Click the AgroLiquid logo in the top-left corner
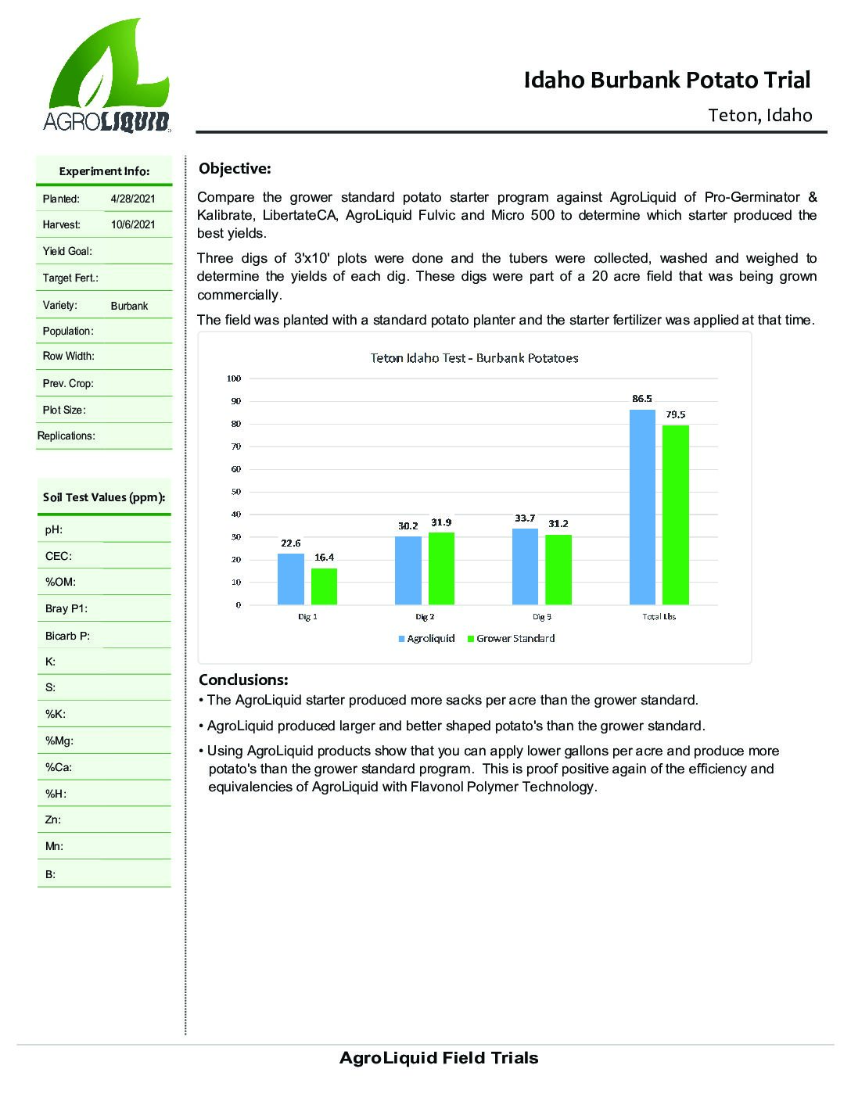point(106,76)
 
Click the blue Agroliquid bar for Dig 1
point(291,579)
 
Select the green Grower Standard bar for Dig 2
point(441,568)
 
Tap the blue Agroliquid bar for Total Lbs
point(642,507)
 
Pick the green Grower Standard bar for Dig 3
point(558,569)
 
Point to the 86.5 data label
point(642,399)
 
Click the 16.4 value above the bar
point(324,558)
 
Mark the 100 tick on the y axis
point(234,378)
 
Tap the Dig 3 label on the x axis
point(542,617)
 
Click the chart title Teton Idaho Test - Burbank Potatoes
point(474,358)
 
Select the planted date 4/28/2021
point(133,199)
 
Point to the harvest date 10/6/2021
point(133,224)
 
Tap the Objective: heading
point(235,169)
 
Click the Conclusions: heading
point(243,680)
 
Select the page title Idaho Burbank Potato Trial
point(667,80)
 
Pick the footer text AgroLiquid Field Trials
point(439,1059)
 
